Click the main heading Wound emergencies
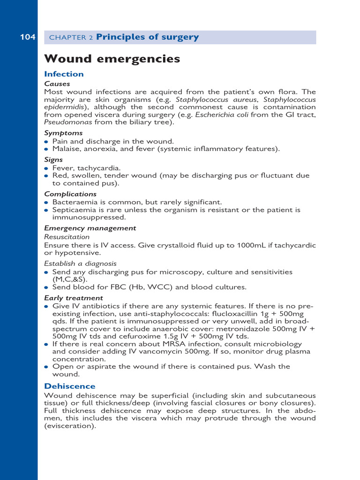tap(112, 59)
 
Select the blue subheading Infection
tap(64, 74)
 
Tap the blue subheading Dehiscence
tap(70, 386)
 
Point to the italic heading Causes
tap(57, 84)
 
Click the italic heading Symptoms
tap(63, 133)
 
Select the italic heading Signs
tap(53, 160)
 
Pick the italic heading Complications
tap(70, 194)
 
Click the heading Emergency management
tap(90, 228)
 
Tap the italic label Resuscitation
tap(67, 237)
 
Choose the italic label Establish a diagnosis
tap(80, 264)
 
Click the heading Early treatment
tap(74, 298)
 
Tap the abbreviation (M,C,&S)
tap(71, 279)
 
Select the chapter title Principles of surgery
tap(147, 37)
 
